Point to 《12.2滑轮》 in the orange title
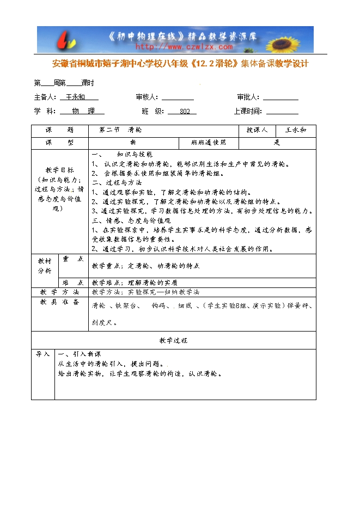[213, 64]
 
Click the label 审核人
[147, 97]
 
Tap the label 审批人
[248, 97]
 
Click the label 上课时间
[247, 111]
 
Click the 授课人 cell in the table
[257, 131]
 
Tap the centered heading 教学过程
[173, 340]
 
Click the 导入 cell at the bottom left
[42, 354]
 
